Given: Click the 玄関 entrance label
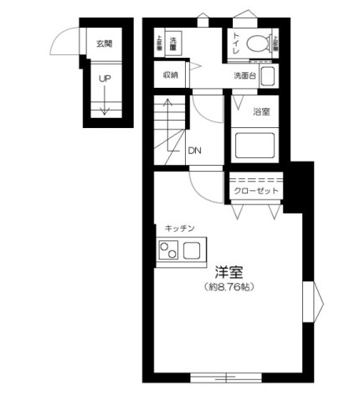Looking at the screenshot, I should pos(104,44).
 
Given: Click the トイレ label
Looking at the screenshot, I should pos(237,43).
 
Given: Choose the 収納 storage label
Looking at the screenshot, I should pos(171,75).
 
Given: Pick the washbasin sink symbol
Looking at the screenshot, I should pos(269,77).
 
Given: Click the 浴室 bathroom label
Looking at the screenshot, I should pos(262,111).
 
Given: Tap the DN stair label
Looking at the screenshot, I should pos(194,151).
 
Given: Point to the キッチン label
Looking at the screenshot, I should pos(179,228).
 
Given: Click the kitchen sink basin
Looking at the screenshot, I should pos(192,249).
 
